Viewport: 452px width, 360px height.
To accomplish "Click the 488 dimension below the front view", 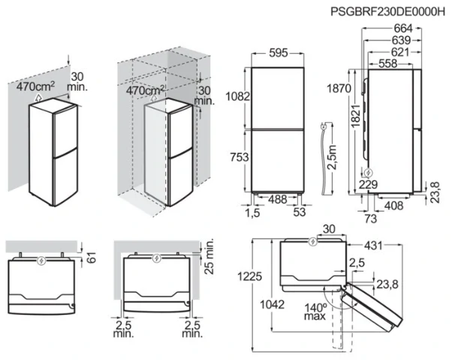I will [277, 199].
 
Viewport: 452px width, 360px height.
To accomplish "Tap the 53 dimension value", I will [300, 214].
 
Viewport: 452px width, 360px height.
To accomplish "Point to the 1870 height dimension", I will [340, 88].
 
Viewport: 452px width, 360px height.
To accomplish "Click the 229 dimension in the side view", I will [368, 184].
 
